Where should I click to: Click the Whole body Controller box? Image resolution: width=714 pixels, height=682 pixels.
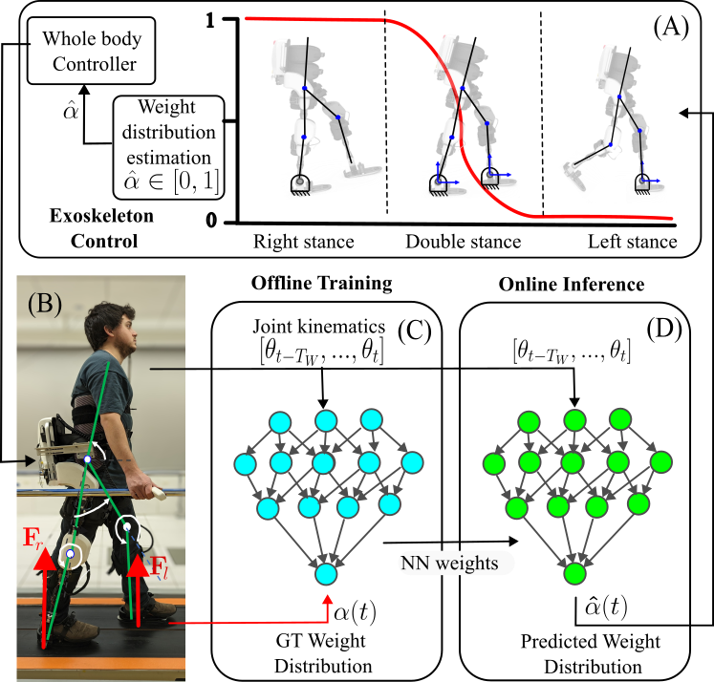(91, 51)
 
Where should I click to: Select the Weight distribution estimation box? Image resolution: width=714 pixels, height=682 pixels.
(168, 147)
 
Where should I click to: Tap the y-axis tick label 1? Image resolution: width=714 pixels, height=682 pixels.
(210, 20)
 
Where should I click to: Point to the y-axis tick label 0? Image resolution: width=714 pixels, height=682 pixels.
(211, 221)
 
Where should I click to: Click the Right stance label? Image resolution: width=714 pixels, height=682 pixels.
(304, 242)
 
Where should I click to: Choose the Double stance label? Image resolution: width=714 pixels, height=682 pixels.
(464, 242)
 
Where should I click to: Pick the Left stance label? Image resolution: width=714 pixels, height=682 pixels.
(633, 242)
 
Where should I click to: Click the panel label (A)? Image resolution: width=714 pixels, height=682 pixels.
(671, 28)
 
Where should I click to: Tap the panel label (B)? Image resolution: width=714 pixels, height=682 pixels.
(45, 304)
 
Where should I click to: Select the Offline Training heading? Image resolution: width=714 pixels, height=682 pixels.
(322, 283)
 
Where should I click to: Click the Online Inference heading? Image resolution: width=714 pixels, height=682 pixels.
(572, 285)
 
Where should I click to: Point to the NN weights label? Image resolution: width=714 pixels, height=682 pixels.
(449, 564)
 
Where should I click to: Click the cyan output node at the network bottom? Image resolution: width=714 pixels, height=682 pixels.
(326, 573)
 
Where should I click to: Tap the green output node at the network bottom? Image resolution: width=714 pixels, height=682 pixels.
(574, 573)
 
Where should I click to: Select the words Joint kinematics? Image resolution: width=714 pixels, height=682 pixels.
(318, 327)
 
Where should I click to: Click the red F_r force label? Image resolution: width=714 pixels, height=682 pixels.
(32, 538)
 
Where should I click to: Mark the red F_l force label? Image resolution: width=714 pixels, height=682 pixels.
(159, 567)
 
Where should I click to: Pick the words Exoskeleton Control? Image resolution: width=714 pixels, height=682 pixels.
(102, 228)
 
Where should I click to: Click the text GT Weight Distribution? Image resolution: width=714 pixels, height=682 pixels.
(322, 653)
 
